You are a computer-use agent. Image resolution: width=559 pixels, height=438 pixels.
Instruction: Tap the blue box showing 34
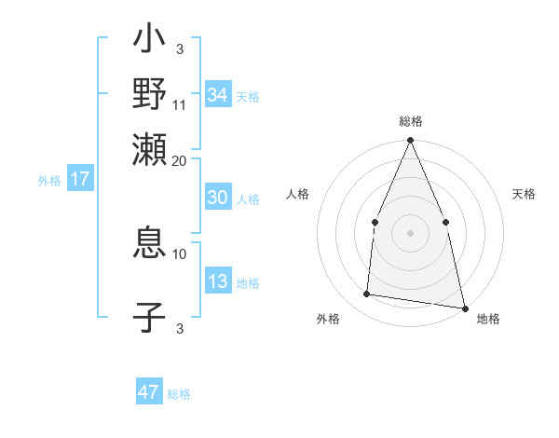218,95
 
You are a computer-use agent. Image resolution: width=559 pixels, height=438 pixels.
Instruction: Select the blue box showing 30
218,198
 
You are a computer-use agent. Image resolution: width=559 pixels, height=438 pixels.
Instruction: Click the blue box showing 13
218,282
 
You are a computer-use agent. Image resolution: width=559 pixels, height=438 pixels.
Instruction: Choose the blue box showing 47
149,392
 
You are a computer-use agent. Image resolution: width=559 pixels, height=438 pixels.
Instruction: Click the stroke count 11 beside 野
180,103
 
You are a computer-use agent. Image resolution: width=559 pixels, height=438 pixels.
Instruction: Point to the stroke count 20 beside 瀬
180,160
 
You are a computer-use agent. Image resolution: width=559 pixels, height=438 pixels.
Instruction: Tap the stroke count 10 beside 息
180,253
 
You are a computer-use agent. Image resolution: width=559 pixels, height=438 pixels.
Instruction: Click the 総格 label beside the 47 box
179,394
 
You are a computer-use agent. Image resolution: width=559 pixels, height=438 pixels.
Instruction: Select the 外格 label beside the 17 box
49,181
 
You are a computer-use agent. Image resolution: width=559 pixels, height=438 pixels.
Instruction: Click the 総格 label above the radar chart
410,121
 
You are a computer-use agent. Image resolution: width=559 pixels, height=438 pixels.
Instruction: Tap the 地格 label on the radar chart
488,319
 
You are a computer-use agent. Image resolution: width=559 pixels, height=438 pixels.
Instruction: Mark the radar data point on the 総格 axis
410,141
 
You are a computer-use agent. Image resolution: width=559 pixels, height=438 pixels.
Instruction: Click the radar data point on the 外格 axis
367,294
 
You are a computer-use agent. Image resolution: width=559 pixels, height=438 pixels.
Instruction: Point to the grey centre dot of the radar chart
410,232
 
